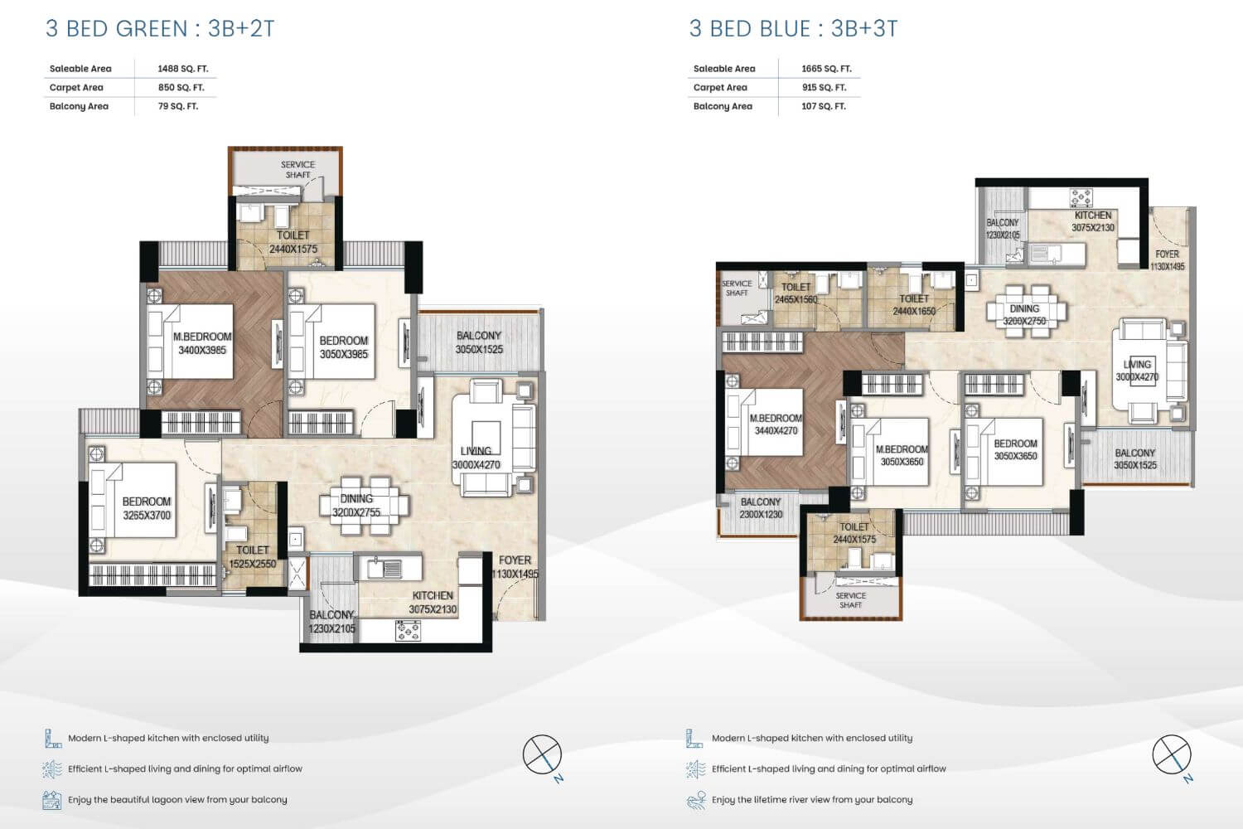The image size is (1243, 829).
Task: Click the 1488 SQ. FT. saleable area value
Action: [182, 69]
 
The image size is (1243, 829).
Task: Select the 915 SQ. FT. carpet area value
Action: [824, 87]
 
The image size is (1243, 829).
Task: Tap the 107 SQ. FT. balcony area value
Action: [824, 106]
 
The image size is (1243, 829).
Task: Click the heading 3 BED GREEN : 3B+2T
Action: [160, 29]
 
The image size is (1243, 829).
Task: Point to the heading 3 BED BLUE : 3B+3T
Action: [793, 29]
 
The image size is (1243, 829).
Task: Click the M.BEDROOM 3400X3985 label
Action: [202, 343]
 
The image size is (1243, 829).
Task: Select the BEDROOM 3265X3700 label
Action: [147, 508]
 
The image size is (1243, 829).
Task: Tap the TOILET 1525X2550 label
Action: [253, 556]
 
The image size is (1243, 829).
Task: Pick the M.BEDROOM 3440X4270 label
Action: [776, 424]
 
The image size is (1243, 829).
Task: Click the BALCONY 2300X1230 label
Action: [761, 508]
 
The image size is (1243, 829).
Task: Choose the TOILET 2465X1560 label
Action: [796, 293]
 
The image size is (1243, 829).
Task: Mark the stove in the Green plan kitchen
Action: [408, 631]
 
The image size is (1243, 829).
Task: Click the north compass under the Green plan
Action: [543, 755]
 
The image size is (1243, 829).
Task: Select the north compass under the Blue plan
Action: [1172, 755]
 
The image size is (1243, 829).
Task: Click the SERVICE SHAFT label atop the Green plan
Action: [297, 169]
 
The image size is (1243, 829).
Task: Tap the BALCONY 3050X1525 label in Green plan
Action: [479, 342]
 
